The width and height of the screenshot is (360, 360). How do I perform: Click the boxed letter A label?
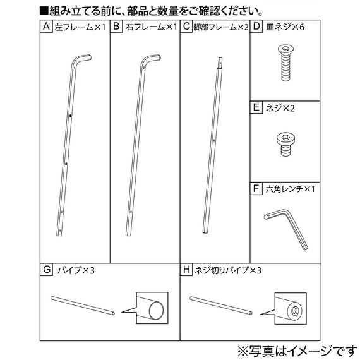pos(46,27)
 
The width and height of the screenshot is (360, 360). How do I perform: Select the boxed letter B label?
pos(117,27)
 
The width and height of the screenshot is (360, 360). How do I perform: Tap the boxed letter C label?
pos(186,27)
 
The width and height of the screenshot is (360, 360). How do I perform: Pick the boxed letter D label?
pos(256,27)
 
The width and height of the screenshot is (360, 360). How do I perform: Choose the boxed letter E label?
pos(256,108)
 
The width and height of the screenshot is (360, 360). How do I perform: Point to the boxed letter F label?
pos(256,188)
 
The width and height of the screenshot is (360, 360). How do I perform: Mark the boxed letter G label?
pos(46,270)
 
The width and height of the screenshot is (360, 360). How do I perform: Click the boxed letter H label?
pos(186,270)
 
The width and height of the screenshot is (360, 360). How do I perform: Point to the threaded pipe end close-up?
pos(291,308)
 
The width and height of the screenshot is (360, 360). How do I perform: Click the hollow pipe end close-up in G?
pos(152,308)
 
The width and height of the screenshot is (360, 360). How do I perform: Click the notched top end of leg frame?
pos(220,62)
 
